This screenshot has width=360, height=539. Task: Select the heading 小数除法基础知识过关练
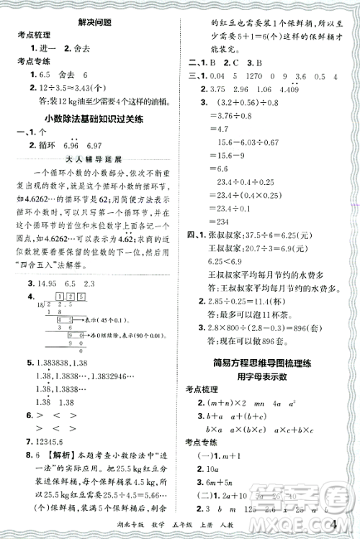(90, 119)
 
